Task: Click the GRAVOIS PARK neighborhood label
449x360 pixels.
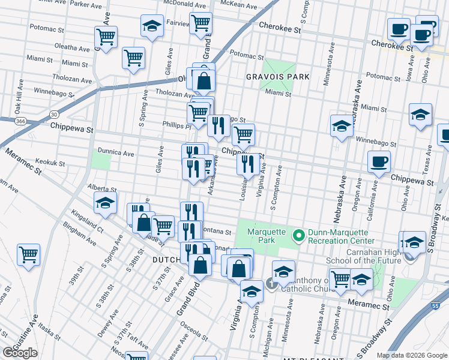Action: (x=278, y=77)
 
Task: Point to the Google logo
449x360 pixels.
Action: (x=20, y=352)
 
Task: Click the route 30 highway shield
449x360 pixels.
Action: (x=54, y=114)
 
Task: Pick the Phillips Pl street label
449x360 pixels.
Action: (x=176, y=125)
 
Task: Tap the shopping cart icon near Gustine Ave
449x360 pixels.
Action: (x=28, y=254)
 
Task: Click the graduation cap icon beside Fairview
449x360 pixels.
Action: (x=152, y=26)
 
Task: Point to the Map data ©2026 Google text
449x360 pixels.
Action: (x=412, y=355)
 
